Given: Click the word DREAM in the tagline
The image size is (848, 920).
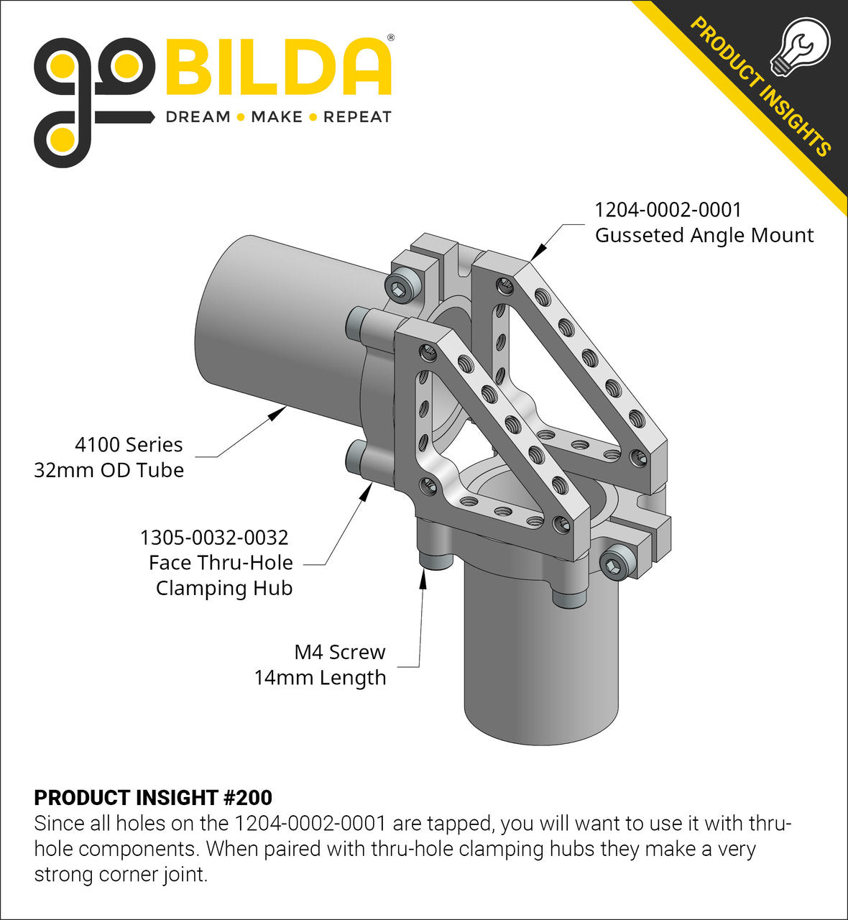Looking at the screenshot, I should point(198,117).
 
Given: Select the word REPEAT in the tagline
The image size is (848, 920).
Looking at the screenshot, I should point(357,117).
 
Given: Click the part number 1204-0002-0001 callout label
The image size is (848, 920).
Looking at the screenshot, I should point(668,210).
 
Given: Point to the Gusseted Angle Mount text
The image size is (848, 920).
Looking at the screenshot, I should point(704,235).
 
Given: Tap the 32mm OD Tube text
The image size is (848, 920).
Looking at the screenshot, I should point(109,470).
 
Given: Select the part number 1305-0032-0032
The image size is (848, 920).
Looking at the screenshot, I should point(214,538).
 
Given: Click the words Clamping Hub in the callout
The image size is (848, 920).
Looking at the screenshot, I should point(224,588).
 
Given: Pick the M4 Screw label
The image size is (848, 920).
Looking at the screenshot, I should point(340,653).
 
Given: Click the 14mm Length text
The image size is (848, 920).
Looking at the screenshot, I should point(320,678).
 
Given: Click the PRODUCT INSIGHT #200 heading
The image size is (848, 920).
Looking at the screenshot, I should point(153,798).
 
